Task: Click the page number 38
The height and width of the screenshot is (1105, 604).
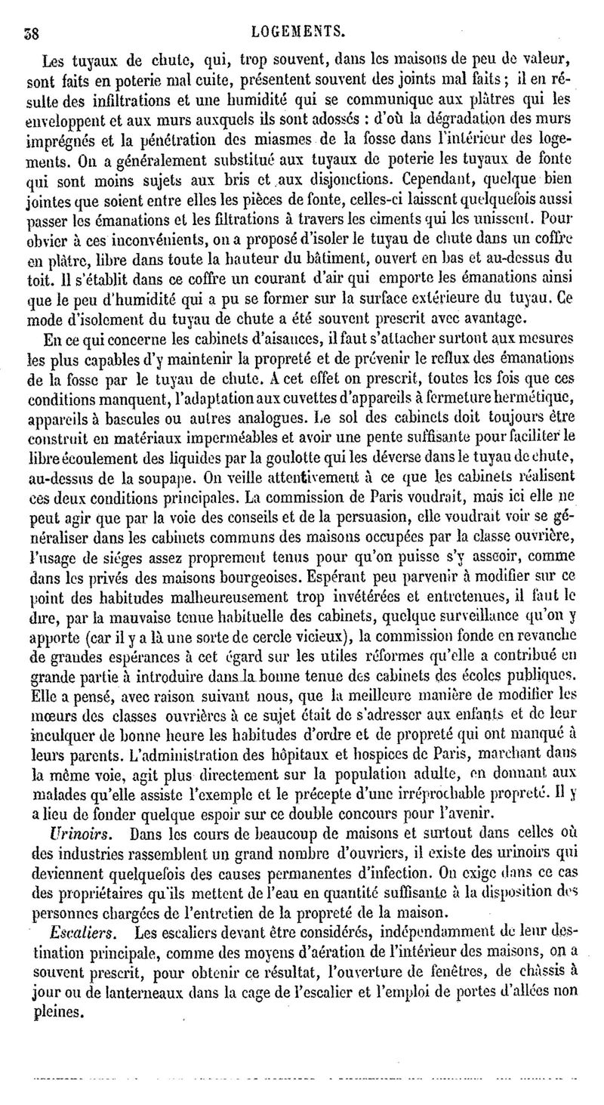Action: [x=32, y=32]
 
